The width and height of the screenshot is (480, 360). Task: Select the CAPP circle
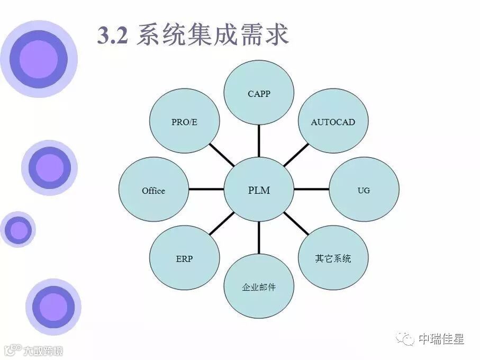point(259,94)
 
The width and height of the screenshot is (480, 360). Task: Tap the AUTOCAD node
point(333,122)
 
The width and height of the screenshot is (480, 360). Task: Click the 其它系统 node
point(333,259)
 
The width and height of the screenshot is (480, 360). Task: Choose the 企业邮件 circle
point(259,287)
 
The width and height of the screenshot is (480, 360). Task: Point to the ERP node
point(184,259)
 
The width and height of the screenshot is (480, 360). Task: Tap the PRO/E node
point(184,122)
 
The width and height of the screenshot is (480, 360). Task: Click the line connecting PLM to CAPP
point(259,142)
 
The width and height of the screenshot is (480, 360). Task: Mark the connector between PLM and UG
point(311,189)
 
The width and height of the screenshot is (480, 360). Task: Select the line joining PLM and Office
point(206,189)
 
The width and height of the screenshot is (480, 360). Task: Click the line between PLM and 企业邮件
point(259,239)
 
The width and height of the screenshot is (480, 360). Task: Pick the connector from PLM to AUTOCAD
point(296,155)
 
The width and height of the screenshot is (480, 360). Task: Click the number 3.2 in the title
point(113,35)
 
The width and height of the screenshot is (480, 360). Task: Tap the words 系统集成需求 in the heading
point(212,35)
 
